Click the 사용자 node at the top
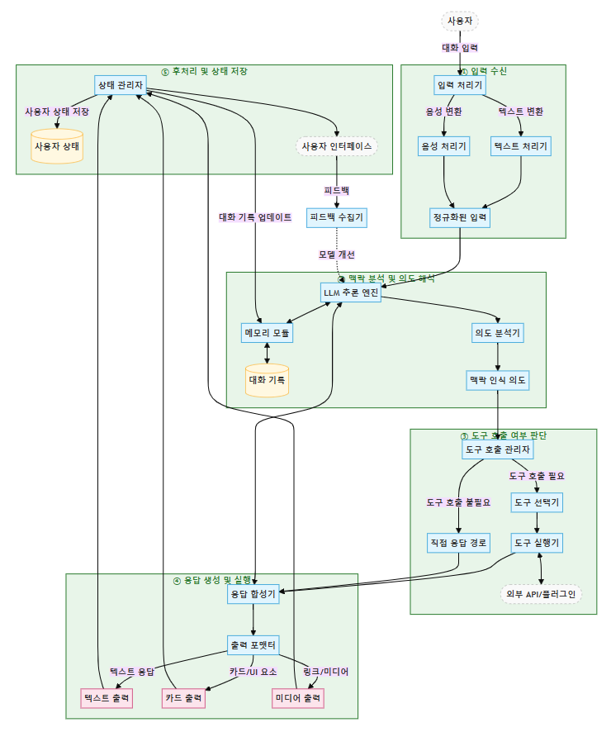459,21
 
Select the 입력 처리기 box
459,85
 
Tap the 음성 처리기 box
444,146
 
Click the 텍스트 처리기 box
521,146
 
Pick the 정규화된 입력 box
460,217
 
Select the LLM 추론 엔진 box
351,292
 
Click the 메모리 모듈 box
267,332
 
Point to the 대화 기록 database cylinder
267,380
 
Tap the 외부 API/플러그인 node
541,594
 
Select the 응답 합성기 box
253,594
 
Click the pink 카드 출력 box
184,698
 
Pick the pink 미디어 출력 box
298,698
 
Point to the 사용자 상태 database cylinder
57,146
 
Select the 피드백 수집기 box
336,217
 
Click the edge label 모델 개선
337,254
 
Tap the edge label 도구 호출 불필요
458,501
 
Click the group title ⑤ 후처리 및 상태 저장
204,71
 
